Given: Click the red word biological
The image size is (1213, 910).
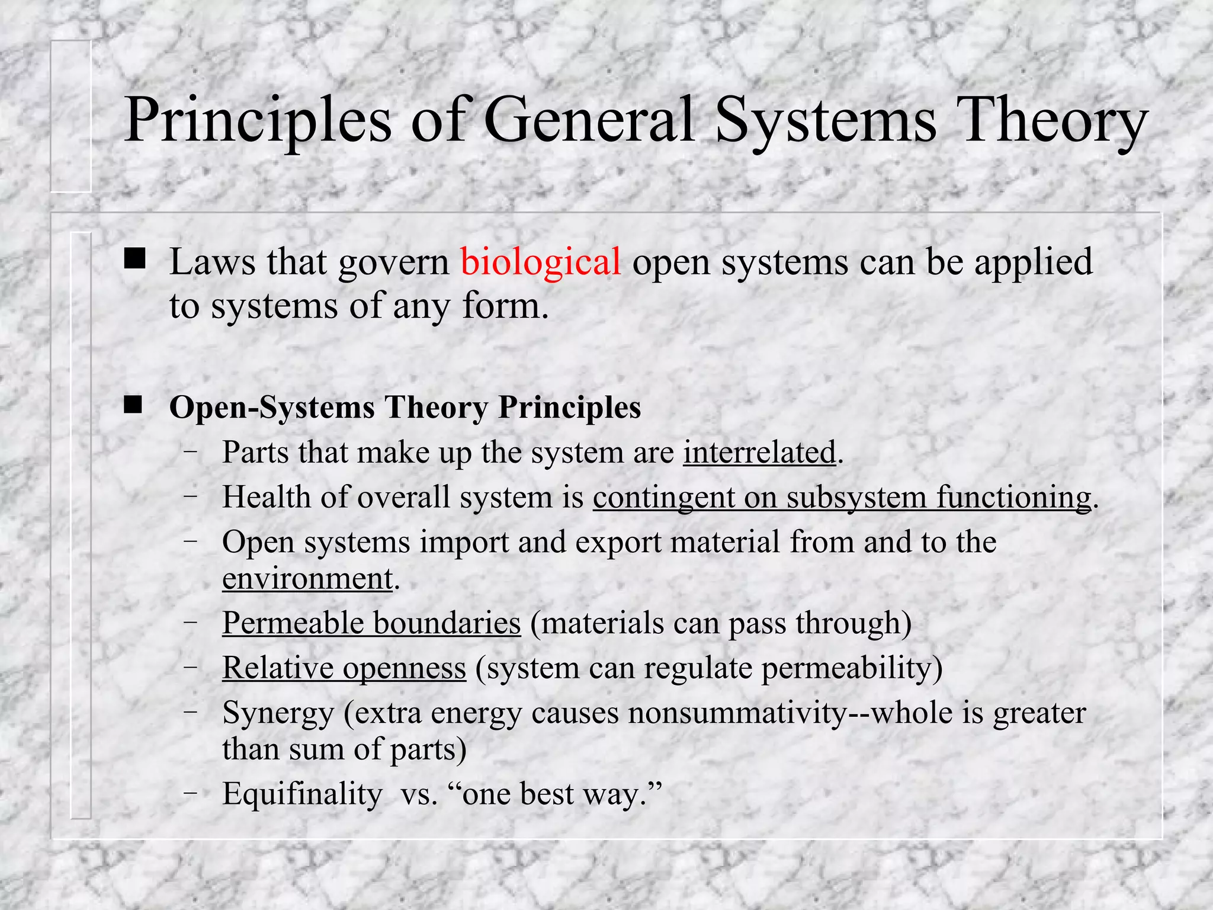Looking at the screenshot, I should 541,262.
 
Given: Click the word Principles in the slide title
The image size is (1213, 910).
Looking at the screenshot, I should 258,121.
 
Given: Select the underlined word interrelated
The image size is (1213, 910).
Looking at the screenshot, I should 759,453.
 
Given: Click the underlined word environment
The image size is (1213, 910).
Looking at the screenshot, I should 307,579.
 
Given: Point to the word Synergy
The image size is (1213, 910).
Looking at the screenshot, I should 278,713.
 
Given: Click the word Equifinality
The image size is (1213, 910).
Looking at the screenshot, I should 302,794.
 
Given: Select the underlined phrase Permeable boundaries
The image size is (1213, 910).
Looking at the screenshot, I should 371,623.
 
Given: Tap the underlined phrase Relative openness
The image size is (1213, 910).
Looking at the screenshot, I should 344,668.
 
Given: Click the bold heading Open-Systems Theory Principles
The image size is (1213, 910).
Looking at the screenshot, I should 405,408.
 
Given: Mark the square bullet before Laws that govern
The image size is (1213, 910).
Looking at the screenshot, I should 134,259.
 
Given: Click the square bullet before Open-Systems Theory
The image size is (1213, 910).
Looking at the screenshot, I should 133,406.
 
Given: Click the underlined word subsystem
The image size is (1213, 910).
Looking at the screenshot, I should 856,498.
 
